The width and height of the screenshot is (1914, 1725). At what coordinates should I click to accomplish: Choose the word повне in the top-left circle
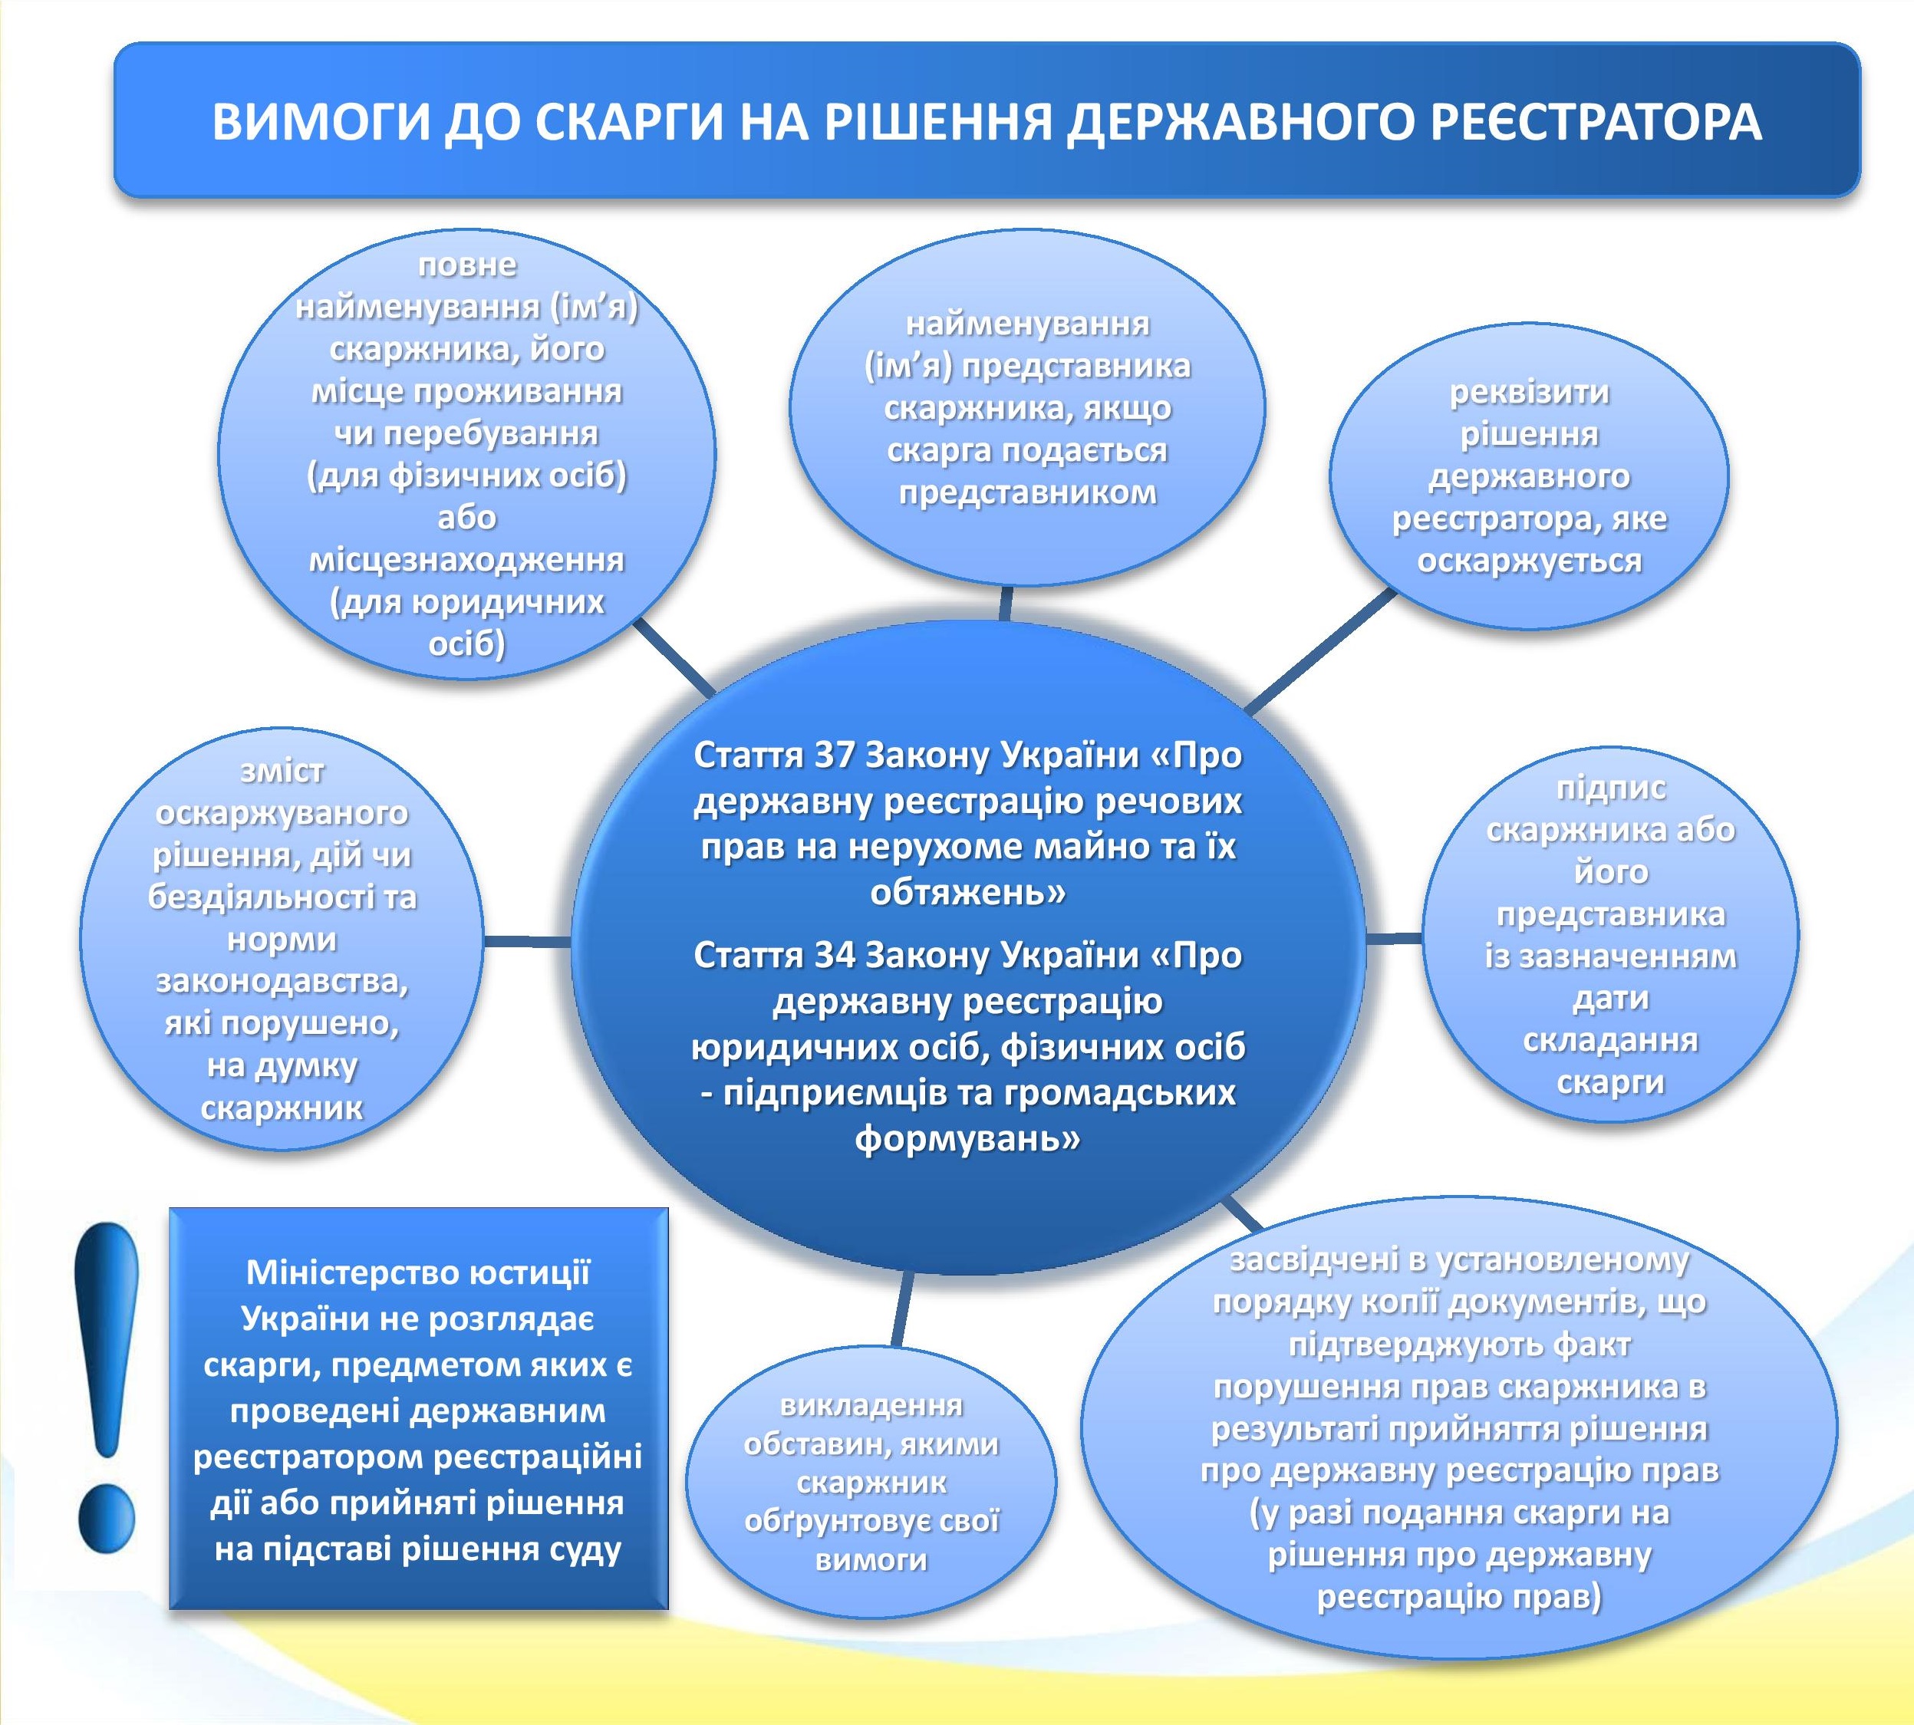tap(467, 265)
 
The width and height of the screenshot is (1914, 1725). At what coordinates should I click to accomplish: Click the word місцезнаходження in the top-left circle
tap(467, 560)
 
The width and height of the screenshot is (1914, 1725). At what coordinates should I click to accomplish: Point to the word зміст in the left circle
tap(282, 772)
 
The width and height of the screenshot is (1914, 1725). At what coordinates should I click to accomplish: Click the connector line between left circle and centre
tap(527, 941)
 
